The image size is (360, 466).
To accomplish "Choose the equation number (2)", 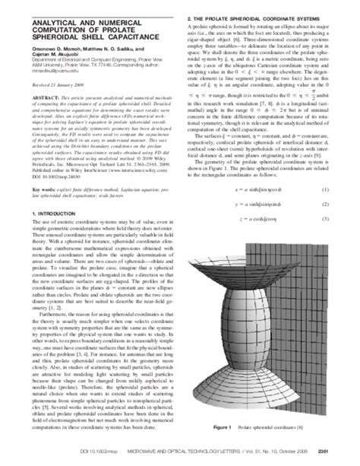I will click(x=346, y=204).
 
